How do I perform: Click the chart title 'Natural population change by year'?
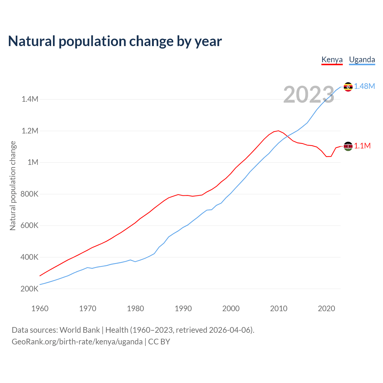coord(115,41)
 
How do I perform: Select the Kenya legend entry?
coord(332,60)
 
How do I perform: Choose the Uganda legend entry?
coord(362,60)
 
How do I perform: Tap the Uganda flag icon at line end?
coord(348,87)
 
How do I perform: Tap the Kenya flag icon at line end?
coord(348,146)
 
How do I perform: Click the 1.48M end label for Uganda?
coord(364,86)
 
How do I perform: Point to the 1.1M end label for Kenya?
coord(362,146)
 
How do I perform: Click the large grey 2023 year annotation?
coord(308,95)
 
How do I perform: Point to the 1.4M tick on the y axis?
coord(30,99)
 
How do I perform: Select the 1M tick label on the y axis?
coord(33,162)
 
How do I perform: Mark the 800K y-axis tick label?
coord(30,194)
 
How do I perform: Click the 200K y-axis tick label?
coord(30,289)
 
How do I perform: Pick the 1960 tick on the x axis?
coord(40,309)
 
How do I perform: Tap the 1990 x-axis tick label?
coord(183,309)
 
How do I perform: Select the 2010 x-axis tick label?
coord(279,309)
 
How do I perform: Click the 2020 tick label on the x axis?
coord(326,309)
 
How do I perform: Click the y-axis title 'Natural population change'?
coord(13,186)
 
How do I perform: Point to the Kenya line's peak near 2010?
coord(279,131)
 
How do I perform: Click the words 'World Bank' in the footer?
coord(80,330)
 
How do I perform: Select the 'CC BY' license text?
coord(159,342)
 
